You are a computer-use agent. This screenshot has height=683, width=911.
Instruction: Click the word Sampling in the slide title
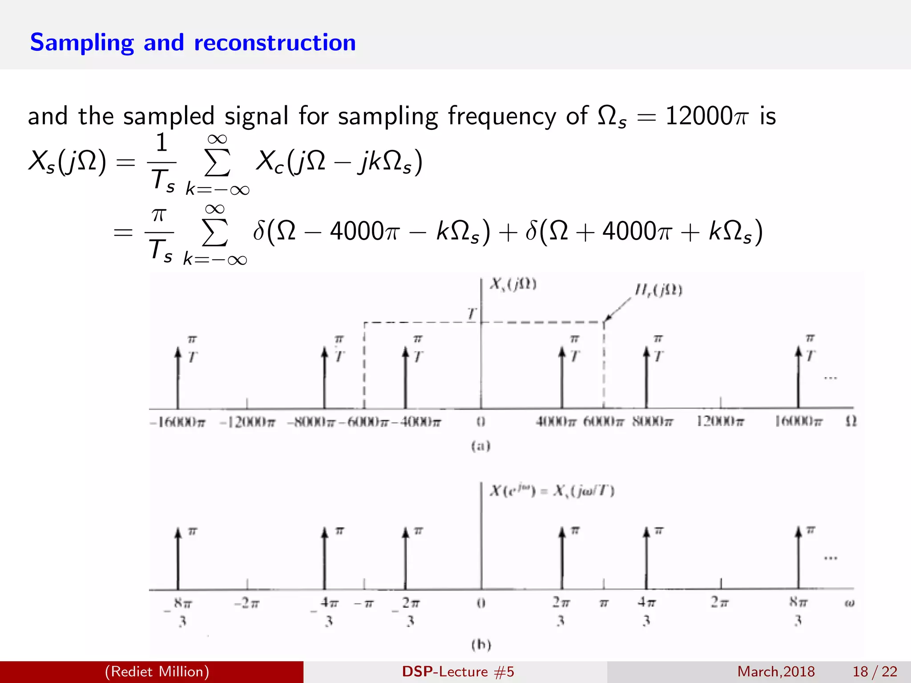[x=82, y=43]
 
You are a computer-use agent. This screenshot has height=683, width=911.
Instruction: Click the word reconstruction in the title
[x=275, y=43]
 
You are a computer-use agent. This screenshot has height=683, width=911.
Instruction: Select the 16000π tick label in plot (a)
[x=799, y=421]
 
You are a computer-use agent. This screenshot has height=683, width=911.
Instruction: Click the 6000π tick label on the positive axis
[x=604, y=421]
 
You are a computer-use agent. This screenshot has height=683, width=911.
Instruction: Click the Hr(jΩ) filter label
[x=658, y=290]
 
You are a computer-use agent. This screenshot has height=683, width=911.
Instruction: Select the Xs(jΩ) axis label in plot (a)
[x=513, y=284]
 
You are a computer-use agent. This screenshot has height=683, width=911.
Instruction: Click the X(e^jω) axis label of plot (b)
[x=552, y=491]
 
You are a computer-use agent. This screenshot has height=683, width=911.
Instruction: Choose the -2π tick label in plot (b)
[x=247, y=603]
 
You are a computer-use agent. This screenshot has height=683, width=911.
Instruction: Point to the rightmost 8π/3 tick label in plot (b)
[x=798, y=611]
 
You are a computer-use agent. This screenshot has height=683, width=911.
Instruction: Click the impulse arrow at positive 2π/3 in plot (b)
[x=562, y=558]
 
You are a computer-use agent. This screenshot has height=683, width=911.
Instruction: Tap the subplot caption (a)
[x=481, y=446]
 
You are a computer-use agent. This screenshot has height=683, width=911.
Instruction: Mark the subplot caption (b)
[x=481, y=644]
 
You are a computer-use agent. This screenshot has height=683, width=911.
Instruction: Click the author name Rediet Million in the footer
[x=157, y=671]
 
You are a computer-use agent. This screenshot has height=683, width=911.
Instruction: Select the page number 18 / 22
[x=875, y=671]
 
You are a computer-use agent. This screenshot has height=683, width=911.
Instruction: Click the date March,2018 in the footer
[x=776, y=671]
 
